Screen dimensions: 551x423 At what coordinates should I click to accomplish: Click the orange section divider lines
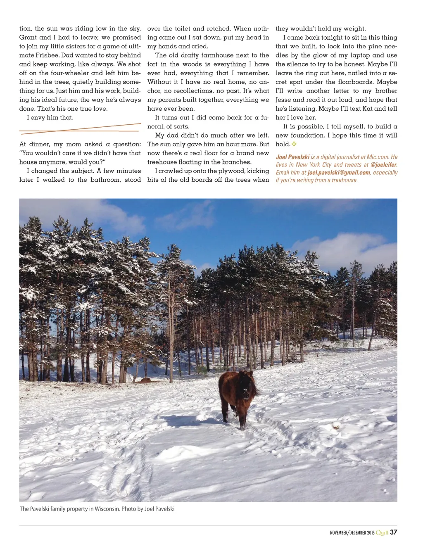pos(80,129)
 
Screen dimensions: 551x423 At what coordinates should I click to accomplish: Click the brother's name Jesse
pos(283,100)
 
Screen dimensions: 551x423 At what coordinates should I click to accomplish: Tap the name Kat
pos(368,109)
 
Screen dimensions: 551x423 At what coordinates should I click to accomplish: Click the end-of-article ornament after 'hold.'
pos(294,144)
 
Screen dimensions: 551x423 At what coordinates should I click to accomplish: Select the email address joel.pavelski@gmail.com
pos(339,173)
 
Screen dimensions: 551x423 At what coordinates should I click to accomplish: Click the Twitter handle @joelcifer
pos(383,164)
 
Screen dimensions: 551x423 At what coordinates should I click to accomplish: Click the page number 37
pos(393,532)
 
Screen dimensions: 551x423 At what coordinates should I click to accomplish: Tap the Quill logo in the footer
pos(382,533)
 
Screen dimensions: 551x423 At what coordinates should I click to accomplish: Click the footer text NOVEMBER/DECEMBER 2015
pos(352,533)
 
